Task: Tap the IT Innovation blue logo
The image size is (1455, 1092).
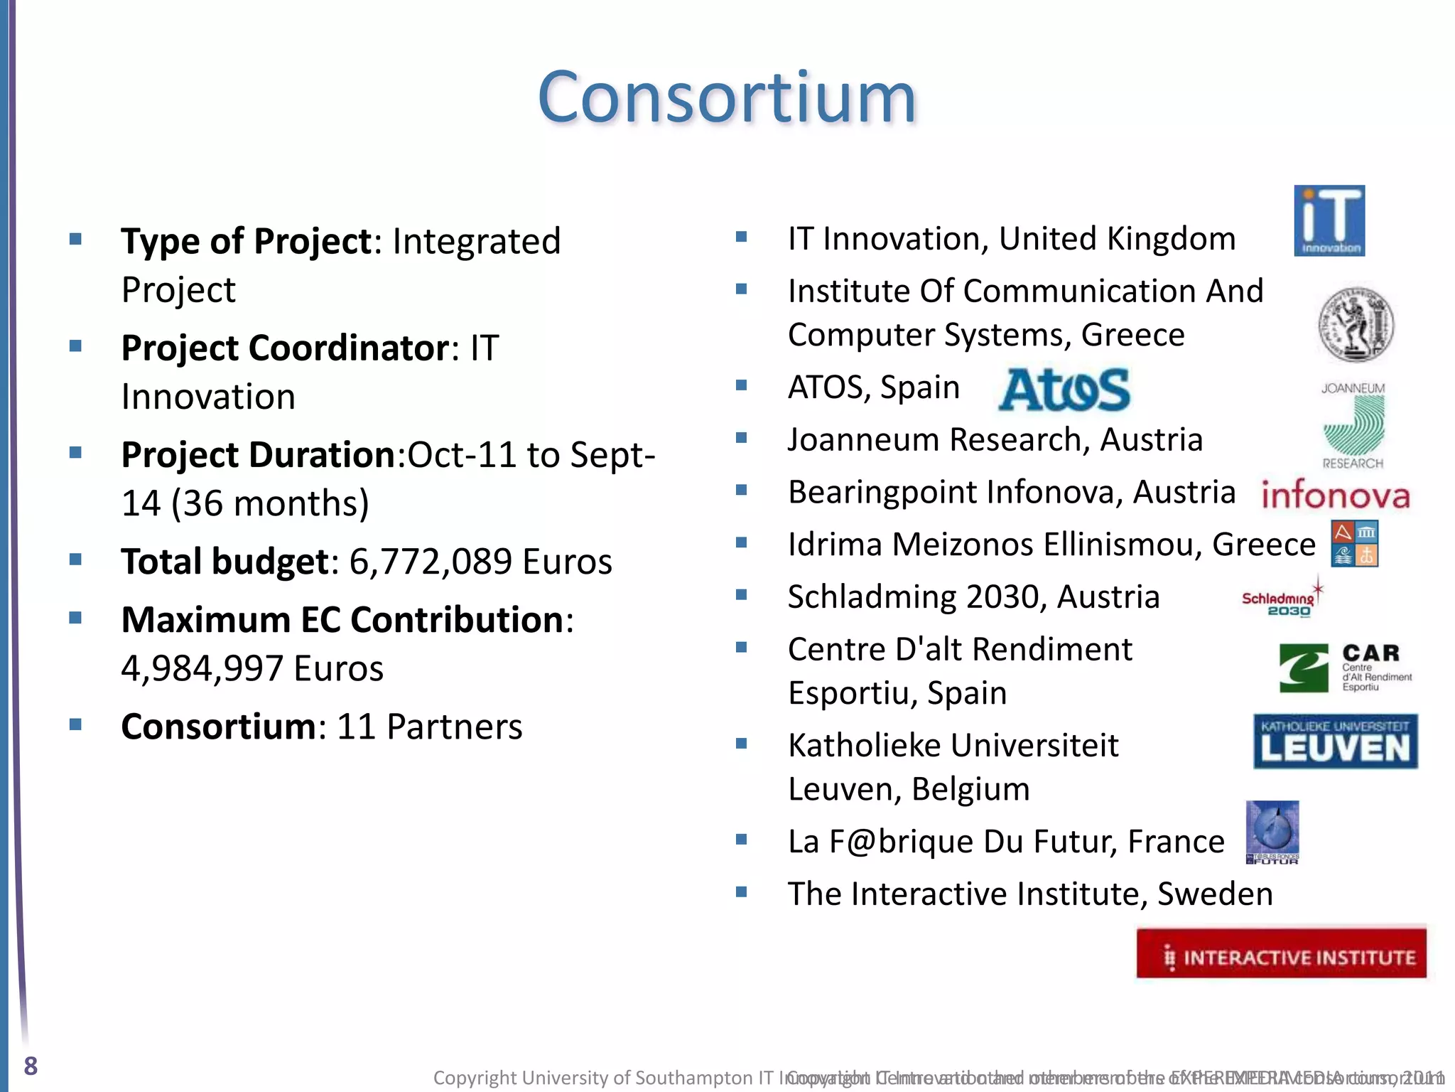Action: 1329,220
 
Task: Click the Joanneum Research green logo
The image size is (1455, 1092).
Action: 1353,426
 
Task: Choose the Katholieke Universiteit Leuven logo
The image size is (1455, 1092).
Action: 1336,742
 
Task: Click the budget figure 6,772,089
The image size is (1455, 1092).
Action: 431,562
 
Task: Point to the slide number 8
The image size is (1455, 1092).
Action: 31,1066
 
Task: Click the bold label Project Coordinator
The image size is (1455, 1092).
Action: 285,348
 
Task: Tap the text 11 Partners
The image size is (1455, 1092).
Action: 429,727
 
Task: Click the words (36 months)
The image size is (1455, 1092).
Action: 270,503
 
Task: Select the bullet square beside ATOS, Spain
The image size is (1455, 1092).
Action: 742,385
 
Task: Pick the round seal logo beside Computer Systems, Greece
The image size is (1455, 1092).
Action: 1356,325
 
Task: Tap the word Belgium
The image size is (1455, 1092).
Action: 970,789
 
